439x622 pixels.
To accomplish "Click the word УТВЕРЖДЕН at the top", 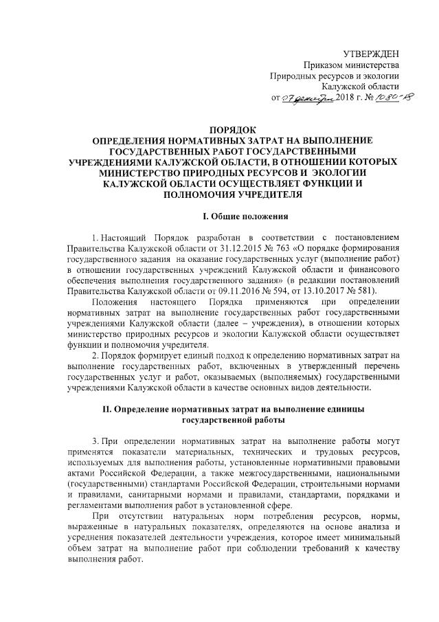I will [370, 54].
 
